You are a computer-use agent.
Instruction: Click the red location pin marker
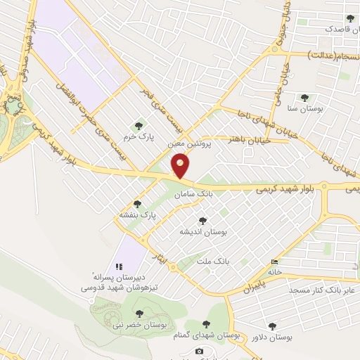(181, 167)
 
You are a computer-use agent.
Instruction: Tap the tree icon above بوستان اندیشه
(202, 220)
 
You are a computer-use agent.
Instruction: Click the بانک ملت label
(214, 261)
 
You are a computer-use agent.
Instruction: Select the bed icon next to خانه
(274, 262)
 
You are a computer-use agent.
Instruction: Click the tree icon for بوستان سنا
(304, 98)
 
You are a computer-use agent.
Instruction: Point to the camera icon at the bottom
(200, 351)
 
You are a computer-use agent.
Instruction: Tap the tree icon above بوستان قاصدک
(350, 18)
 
